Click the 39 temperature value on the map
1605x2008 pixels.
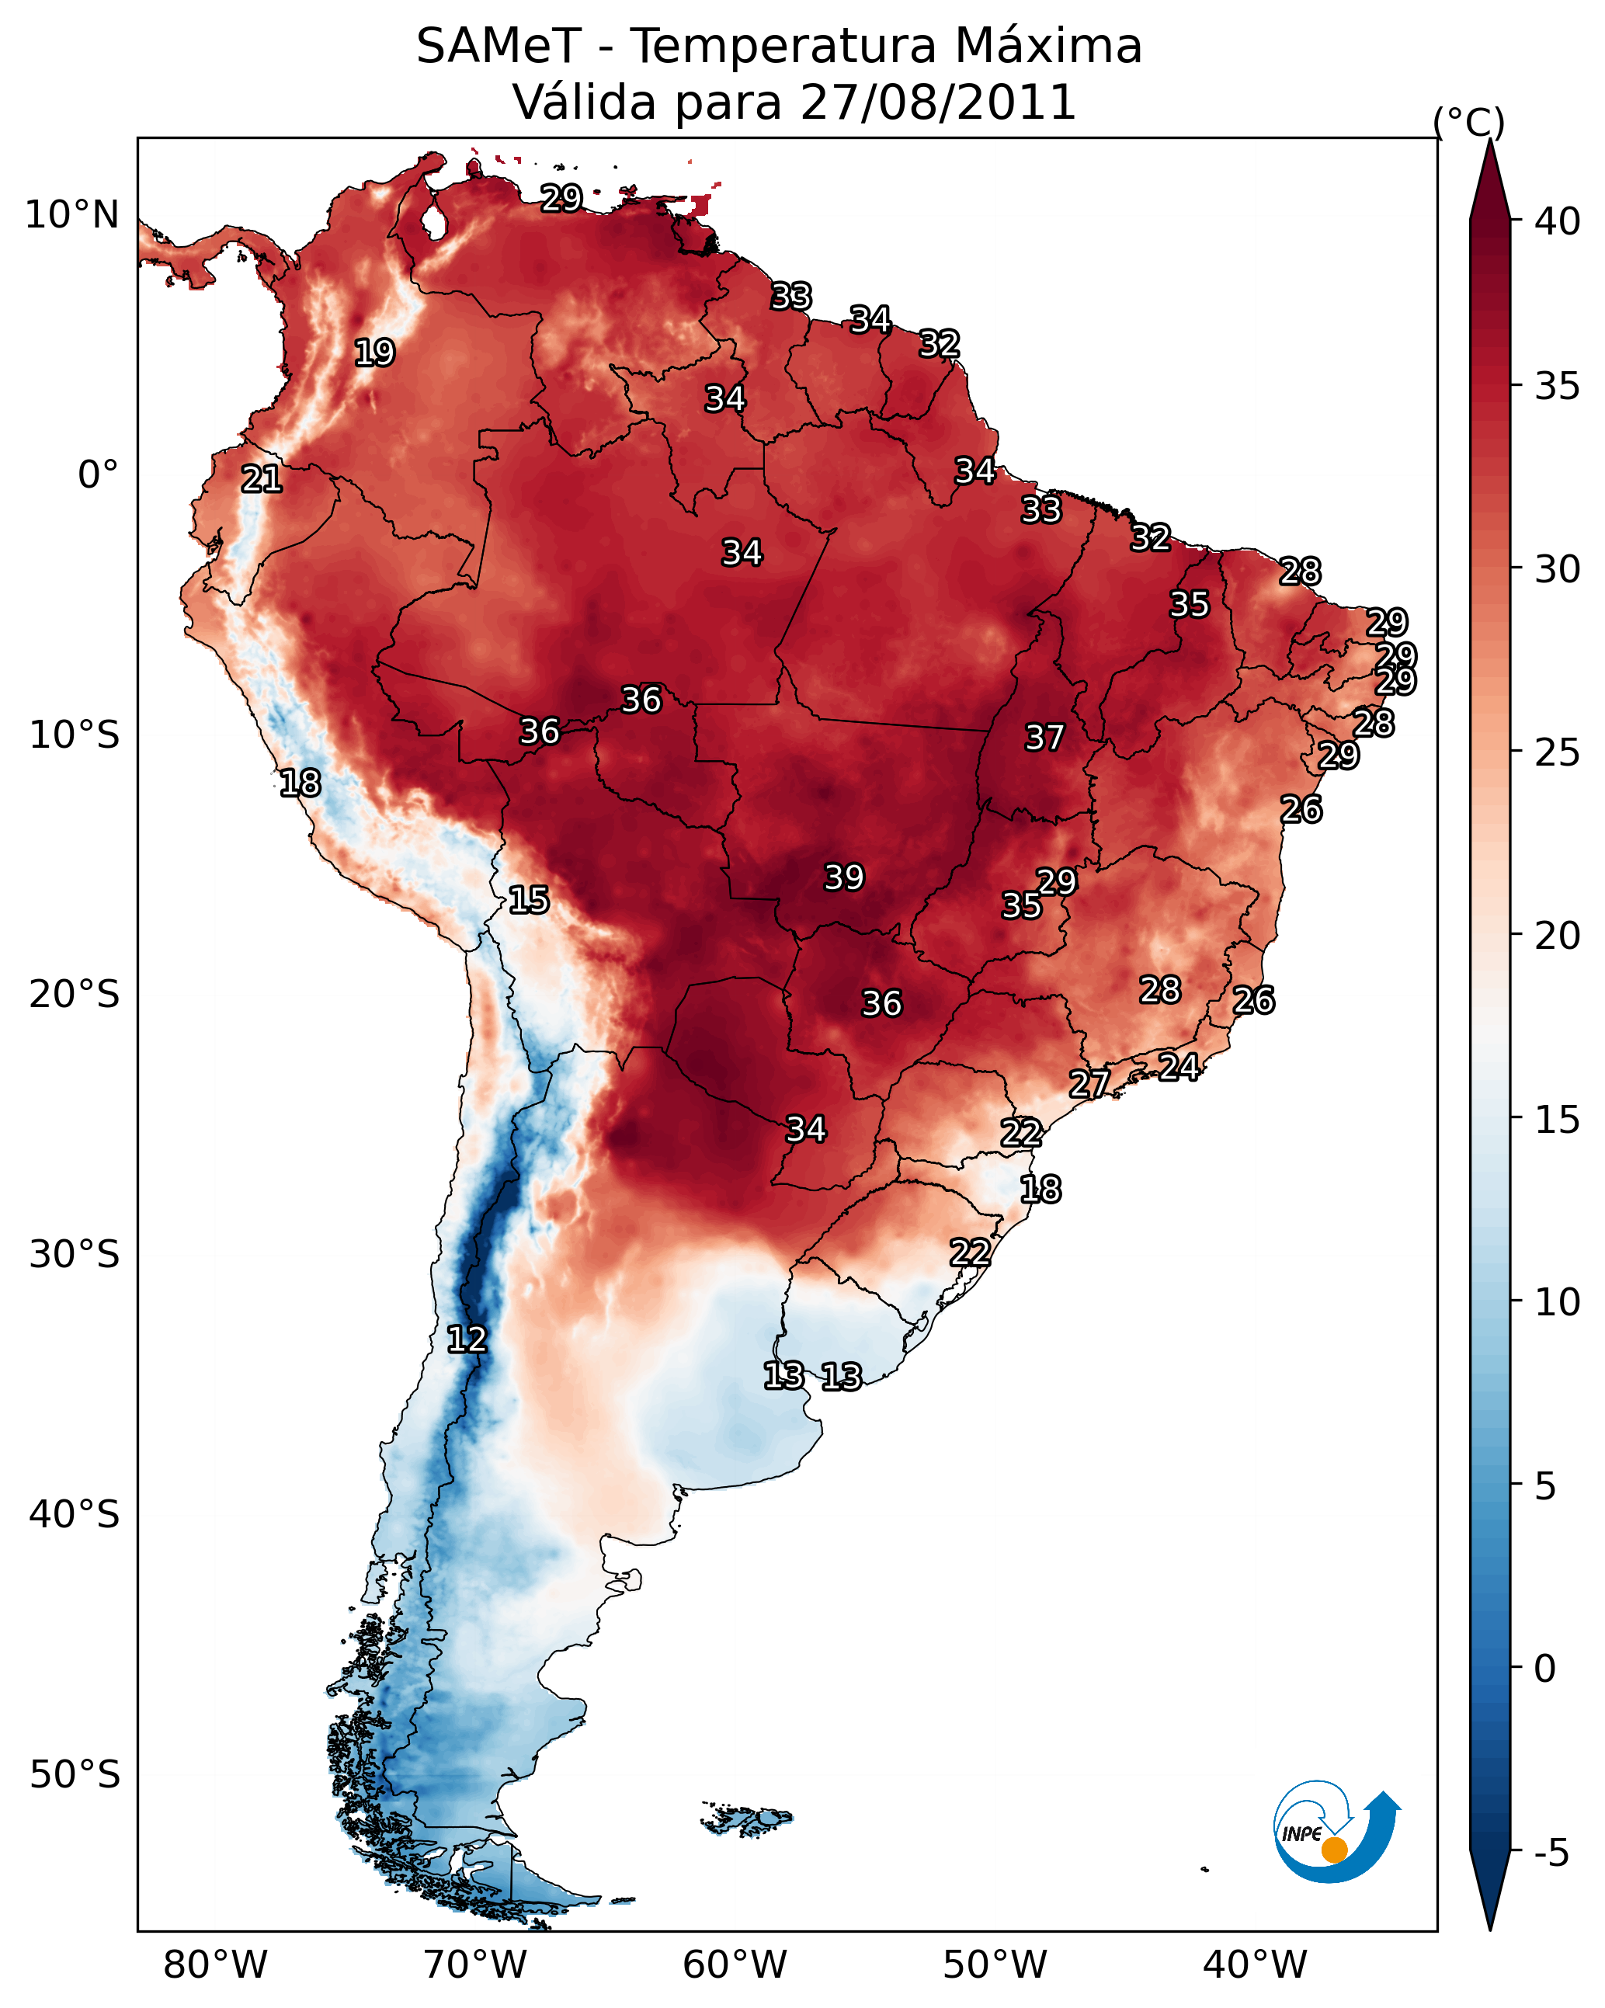click(844, 877)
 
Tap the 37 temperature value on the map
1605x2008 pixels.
click(1044, 738)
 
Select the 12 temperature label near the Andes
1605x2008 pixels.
click(467, 1339)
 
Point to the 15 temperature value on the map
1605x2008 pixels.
click(528, 900)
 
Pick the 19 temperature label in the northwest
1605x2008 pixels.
click(374, 353)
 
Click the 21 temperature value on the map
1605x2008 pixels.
click(261, 480)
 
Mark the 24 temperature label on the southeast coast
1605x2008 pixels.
click(1179, 1066)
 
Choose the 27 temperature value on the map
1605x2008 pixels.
click(1089, 1083)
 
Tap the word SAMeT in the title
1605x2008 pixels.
click(499, 47)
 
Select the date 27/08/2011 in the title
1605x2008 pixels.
click(937, 102)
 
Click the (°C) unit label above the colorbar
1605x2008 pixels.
click(1468, 122)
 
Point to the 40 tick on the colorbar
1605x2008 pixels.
click(1557, 221)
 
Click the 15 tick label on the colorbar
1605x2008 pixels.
click(1557, 1120)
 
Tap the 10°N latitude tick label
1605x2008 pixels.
click(71, 215)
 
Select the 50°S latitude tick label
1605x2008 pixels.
click(75, 1775)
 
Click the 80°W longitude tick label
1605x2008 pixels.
click(215, 1965)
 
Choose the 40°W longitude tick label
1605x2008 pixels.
click(1255, 1965)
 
